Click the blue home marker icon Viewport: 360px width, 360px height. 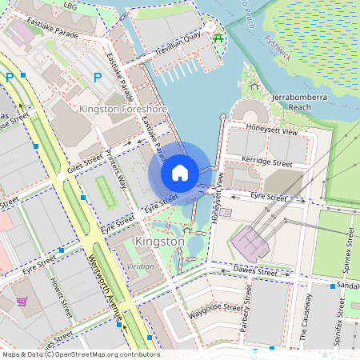180,173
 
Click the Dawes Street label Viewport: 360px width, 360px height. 255,273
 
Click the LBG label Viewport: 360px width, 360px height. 70,6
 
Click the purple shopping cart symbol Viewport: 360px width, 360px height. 22,302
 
